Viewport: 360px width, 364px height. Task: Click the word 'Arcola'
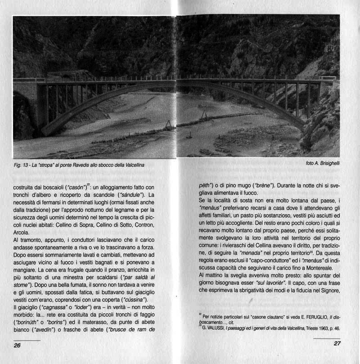pyautogui.click(x=22, y=233)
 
